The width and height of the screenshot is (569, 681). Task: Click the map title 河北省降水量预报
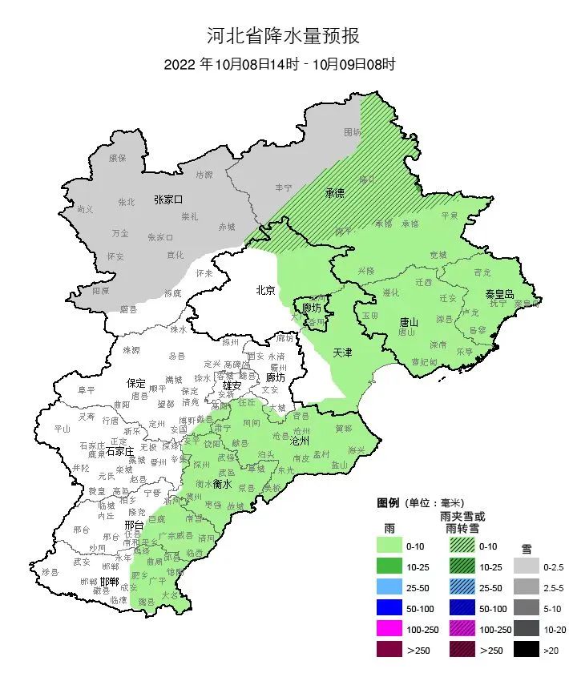point(284,35)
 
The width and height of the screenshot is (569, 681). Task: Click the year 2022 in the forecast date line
point(180,64)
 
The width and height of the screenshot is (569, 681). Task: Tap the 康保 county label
point(118,158)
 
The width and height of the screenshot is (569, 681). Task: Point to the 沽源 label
point(205,175)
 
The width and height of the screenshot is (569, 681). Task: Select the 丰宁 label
point(284,187)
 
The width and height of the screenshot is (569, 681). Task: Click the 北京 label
point(265,290)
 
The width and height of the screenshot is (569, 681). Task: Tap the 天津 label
point(343,352)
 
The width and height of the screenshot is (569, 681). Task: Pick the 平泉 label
point(450,215)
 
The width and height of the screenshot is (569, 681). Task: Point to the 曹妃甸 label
point(424,361)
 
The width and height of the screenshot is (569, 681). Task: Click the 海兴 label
point(356,450)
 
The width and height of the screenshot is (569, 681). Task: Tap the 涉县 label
point(51,572)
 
